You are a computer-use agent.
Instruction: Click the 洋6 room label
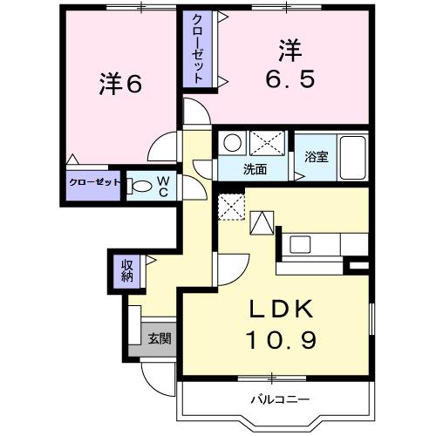pyautogui.click(x=120, y=84)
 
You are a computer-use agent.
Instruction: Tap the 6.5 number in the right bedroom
pyautogui.click(x=290, y=78)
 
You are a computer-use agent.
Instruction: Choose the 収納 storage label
pyautogui.click(x=126, y=271)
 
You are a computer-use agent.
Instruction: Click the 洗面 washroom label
pyautogui.click(x=255, y=168)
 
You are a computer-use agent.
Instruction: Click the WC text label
pyautogui.click(x=162, y=186)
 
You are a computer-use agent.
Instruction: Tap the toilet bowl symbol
pyautogui.click(x=140, y=186)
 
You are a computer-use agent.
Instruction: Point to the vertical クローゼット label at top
pyautogui.click(x=199, y=49)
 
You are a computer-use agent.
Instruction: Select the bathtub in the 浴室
pyautogui.click(x=353, y=157)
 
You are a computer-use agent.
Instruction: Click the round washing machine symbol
pyautogui.click(x=232, y=143)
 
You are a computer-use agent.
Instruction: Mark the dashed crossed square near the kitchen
pyautogui.click(x=230, y=208)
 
